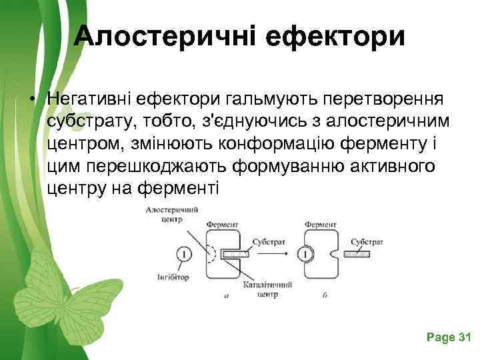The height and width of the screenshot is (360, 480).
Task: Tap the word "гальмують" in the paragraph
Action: click(x=273, y=99)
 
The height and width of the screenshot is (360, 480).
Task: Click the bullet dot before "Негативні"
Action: click(x=31, y=100)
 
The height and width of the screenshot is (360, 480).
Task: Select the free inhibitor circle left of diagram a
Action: click(x=183, y=253)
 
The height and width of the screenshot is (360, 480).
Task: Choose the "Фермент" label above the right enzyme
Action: click(x=321, y=225)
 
